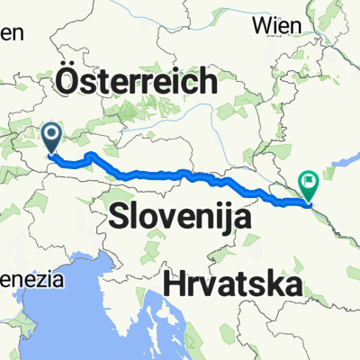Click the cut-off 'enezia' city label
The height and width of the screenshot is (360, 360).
[x=32, y=280]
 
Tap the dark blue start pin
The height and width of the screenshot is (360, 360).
[x=51, y=138]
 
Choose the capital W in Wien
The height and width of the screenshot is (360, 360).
[x=262, y=25]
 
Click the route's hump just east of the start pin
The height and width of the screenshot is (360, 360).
[x=90, y=157]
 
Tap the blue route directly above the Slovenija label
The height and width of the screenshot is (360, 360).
[x=171, y=173]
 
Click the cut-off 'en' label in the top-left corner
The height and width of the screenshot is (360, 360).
[x=11, y=32]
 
